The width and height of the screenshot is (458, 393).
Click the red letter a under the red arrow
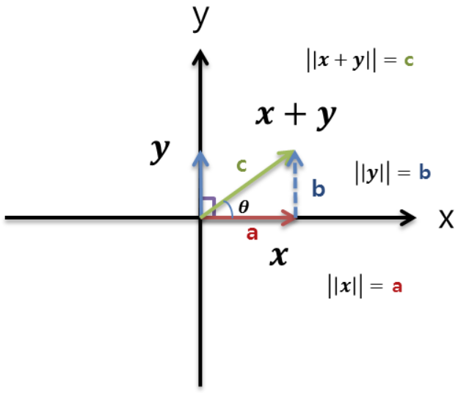pos(252,234)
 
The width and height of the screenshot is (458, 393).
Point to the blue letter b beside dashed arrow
pos(318,190)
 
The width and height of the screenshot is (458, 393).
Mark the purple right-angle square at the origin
pos(208,206)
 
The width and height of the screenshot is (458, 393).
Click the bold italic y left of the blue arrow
pos(159,150)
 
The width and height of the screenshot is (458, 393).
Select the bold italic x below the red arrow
pos(277,256)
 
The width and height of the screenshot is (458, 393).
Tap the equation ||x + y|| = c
pos(360,59)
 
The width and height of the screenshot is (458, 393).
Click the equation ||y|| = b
pos(392,173)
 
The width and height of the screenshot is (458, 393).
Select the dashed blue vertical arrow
pos(295,187)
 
